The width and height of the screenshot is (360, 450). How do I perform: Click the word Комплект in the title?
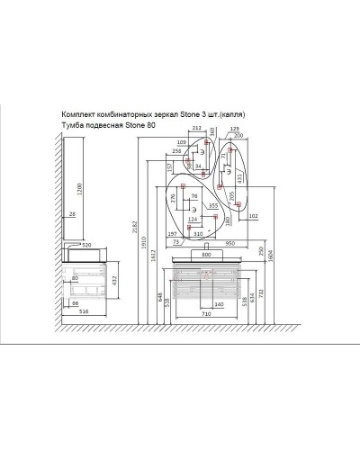point(80,115)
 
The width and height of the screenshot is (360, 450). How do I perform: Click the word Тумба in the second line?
point(73,125)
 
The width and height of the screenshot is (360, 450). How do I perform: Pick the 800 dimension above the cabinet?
point(208,253)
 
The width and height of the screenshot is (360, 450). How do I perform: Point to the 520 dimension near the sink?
point(87,244)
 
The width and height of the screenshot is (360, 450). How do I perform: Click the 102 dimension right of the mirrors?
point(253,215)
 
